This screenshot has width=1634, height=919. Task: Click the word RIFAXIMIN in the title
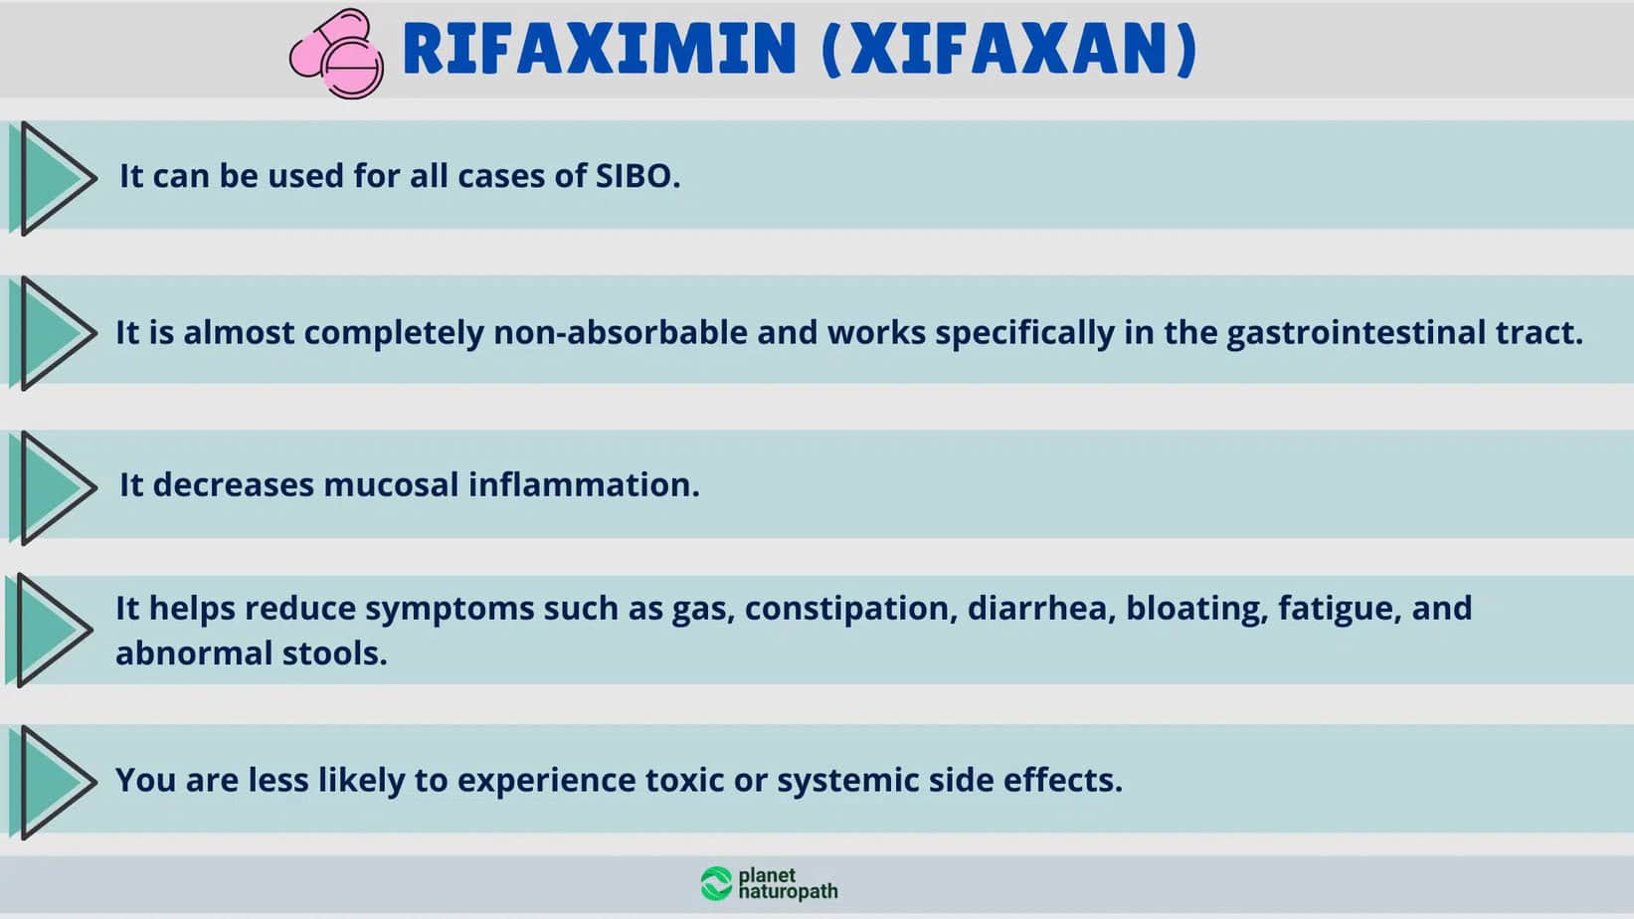pos(599,49)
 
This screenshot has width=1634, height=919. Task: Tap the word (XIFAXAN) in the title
pos(1009,49)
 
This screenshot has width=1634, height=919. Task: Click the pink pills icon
pos(337,54)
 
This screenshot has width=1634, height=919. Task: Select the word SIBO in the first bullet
pos(637,176)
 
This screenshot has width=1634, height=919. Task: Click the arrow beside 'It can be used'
pos(53,179)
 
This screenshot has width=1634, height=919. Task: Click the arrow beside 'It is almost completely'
pos(53,333)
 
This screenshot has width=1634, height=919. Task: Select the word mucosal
pos(391,485)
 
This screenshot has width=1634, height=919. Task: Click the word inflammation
pos(584,485)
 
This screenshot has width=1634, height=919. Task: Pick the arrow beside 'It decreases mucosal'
pos(53,488)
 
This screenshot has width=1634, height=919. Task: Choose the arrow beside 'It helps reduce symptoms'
pos(49,631)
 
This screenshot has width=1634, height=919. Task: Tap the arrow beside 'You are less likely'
pos(53,783)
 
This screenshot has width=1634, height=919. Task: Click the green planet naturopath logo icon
pos(716,884)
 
